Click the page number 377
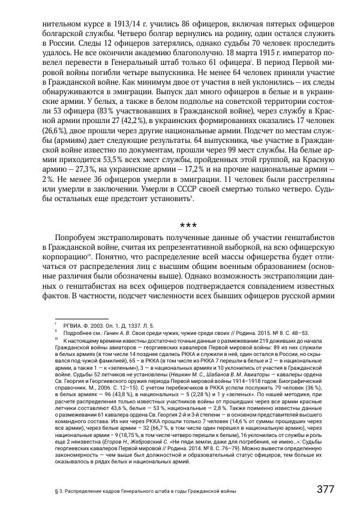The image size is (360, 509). (x=325, y=489)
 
